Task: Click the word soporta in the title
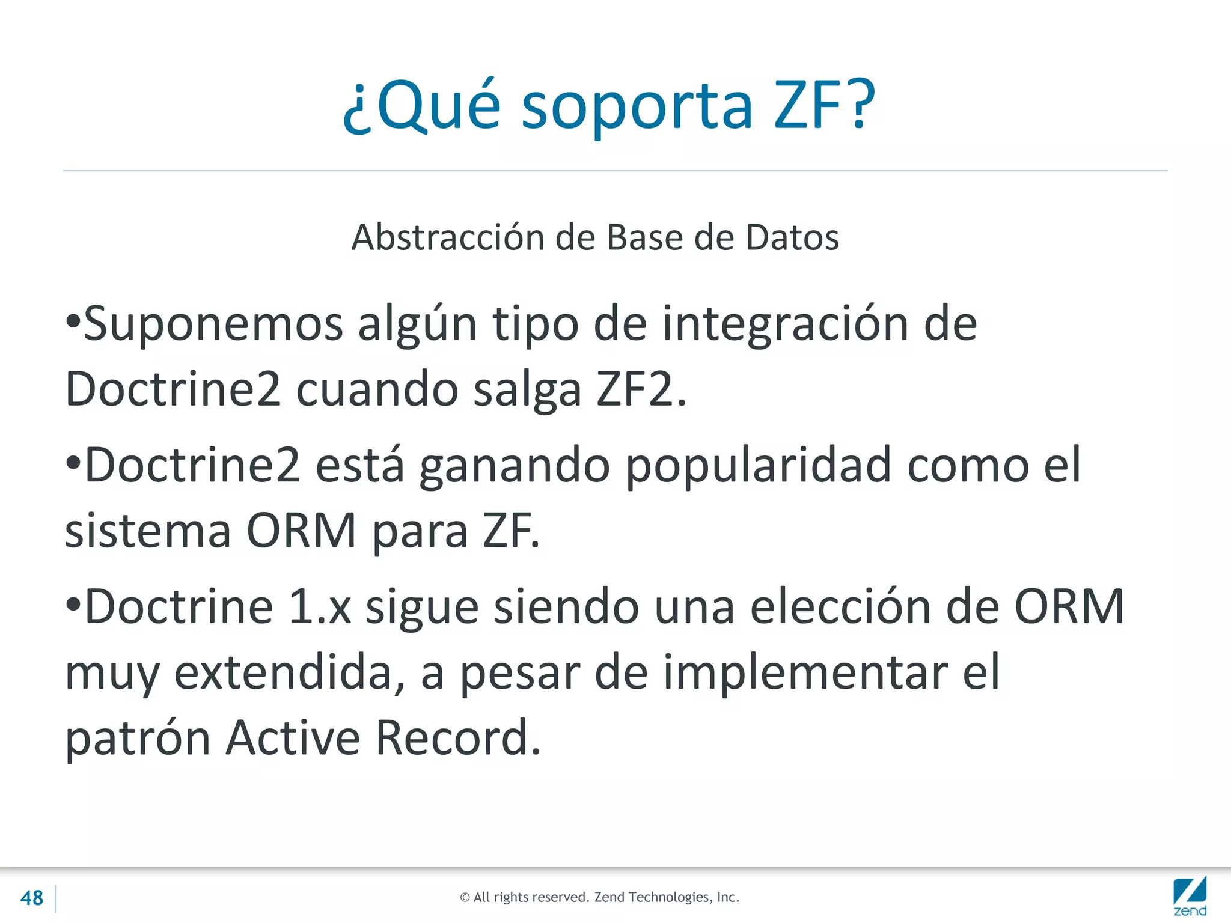point(637,106)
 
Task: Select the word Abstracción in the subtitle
point(448,237)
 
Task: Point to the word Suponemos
point(213,325)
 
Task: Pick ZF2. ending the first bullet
point(641,389)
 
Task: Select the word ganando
point(515,466)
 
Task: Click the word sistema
point(148,531)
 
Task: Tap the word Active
point(293,737)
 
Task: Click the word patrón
point(138,739)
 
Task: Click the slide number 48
point(32,898)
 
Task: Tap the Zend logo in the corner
point(1190,897)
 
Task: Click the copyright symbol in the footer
point(465,898)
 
